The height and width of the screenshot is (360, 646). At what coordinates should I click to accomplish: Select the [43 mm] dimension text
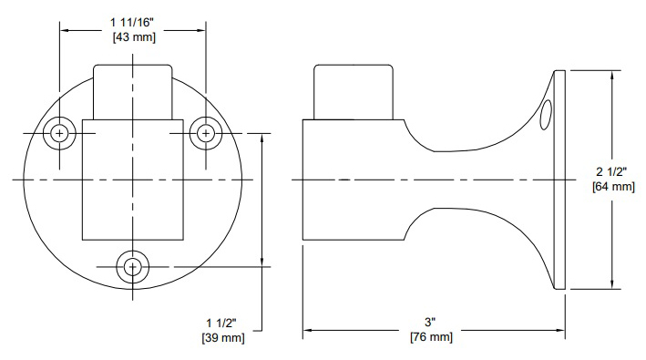coord(134,37)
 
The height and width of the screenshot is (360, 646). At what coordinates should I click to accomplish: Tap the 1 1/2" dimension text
coord(221,324)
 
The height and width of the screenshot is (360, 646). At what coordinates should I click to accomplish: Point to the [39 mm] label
coord(223,338)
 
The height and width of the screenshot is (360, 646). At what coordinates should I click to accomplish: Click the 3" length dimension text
coord(430,322)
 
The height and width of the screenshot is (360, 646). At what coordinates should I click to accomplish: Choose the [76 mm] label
coord(431,337)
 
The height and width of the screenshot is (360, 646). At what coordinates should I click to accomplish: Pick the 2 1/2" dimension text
coord(611,171)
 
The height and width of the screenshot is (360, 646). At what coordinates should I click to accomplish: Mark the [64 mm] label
coord(613,186)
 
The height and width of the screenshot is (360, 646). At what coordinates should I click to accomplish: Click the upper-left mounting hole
coord(60,133)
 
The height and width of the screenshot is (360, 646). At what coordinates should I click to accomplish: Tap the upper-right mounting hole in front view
coord(206,133)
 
